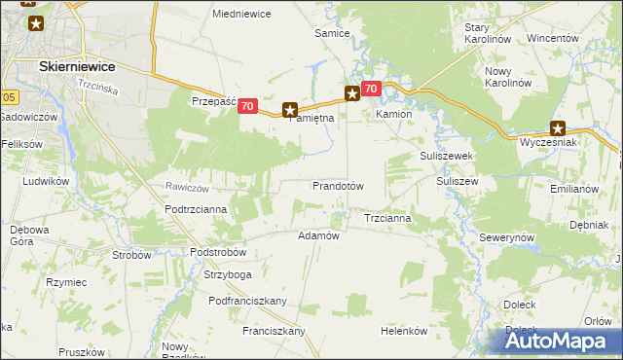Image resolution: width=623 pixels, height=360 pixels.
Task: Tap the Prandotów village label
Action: (338, 186)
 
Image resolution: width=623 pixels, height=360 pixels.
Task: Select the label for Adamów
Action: (317, 235)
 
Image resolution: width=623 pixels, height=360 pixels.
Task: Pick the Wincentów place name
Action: (553, 39)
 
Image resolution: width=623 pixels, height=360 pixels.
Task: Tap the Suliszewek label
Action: (446, 156)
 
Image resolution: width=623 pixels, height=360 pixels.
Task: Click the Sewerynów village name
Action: (508, 237)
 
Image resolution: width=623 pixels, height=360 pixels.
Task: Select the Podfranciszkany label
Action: (247, 301)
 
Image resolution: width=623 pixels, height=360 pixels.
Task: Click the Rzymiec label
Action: (66, 282)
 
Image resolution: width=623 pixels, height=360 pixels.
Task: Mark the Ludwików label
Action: (45, 181)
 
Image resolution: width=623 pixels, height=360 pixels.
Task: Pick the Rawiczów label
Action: (189, 187)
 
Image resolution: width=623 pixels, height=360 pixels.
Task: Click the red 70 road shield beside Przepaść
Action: (247, 106)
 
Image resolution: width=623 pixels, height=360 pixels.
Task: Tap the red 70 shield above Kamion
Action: (370, 89)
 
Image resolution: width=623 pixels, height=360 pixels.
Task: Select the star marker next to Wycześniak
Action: (558, 127)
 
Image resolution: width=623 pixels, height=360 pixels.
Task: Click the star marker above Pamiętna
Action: (289, 110)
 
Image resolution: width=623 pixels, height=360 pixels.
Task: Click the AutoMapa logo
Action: (559, 340)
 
